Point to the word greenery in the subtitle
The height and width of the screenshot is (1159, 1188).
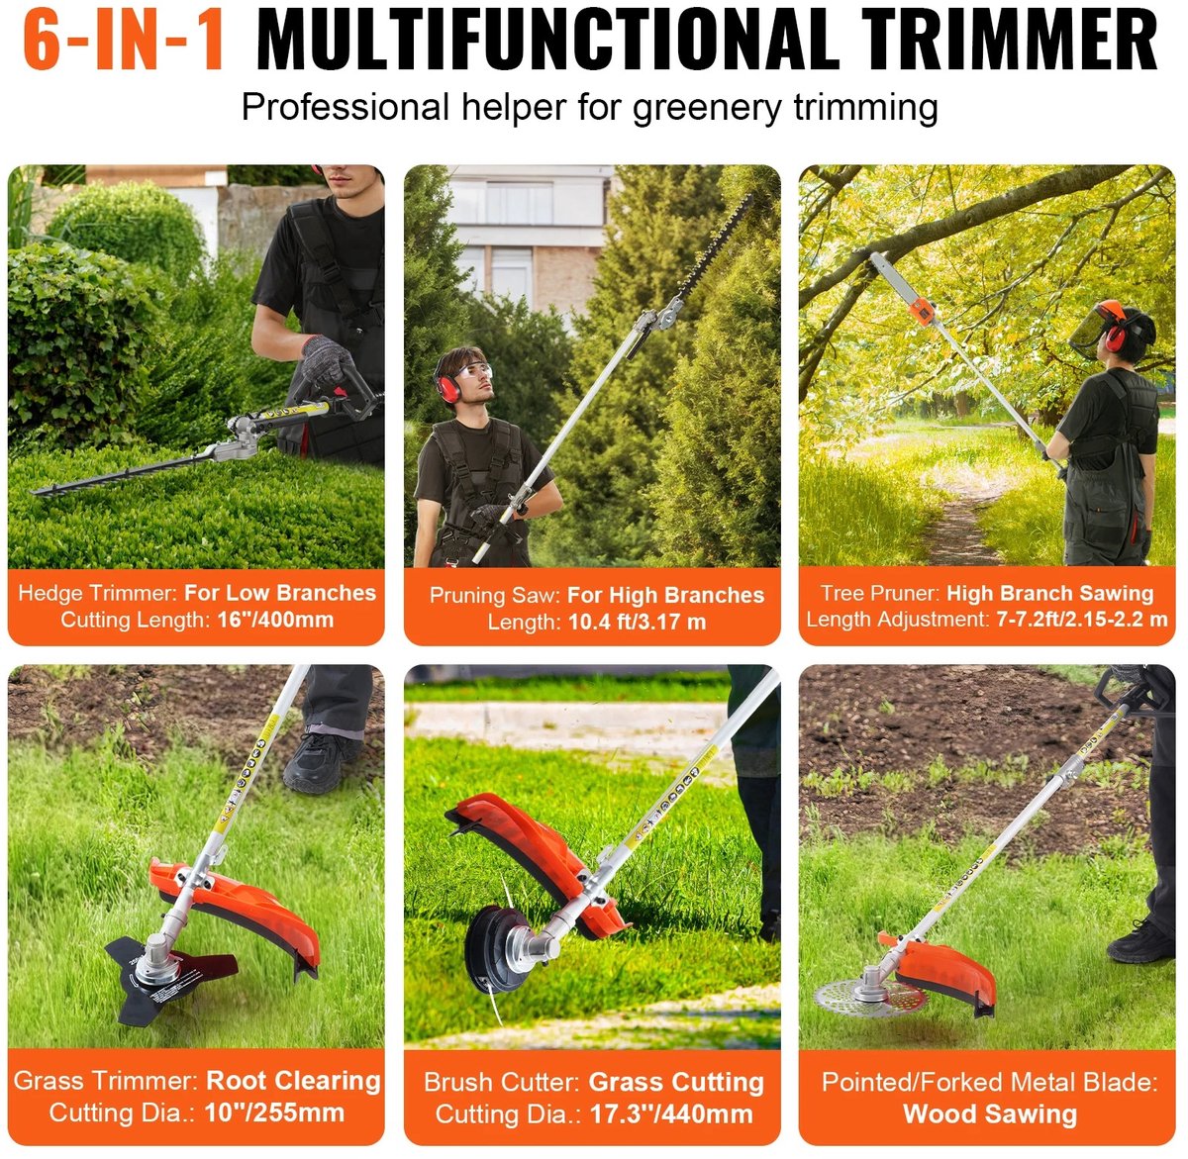(x=706, y=109)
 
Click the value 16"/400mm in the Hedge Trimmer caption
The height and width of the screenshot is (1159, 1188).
(x=275, y=620)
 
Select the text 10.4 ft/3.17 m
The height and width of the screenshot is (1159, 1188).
(x=637, y=622)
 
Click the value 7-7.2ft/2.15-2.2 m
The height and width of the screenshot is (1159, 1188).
(x=1082, y=619)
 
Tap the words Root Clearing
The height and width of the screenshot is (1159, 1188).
(x=294, y=1080)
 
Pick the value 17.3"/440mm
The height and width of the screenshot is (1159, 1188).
(x=671, y=1113)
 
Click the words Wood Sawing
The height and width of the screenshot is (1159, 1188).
(x=990, y=1113)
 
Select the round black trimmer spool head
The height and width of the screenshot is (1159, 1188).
(x=495, y=948)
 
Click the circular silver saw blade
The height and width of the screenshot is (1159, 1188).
(x=870, y=999)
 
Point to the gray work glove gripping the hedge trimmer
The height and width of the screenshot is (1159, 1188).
(x=328, y=360)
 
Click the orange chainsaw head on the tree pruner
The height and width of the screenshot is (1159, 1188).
(x=922, y=310)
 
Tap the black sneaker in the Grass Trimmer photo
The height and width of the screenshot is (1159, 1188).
(x=319, y=763)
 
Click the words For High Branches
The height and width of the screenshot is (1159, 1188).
(x=665, y=595)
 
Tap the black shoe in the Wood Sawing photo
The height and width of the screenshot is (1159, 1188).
(x=1140, y=941)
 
